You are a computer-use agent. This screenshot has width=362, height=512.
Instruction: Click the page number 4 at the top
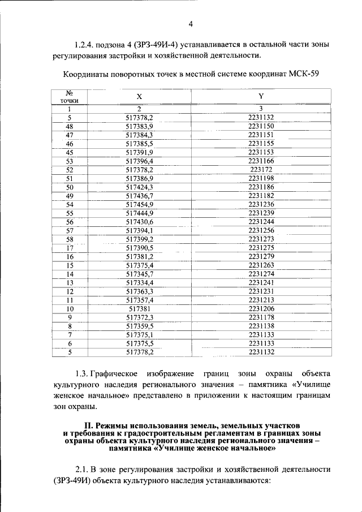point(191,24)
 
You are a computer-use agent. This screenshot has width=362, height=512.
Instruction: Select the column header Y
point(261,96)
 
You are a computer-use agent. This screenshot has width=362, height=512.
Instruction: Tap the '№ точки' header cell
point(70,96)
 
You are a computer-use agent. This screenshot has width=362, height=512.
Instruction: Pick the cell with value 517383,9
point(139,126)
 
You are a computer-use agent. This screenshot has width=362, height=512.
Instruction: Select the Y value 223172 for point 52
point(261,170)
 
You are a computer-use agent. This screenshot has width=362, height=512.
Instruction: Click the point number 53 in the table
point(70,161)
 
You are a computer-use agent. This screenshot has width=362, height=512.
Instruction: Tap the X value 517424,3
point(139,187)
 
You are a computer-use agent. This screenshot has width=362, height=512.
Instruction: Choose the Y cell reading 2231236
point(261,204)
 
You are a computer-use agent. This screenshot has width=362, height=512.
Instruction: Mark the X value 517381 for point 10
point(139,309)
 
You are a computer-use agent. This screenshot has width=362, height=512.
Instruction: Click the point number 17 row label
point(70,248)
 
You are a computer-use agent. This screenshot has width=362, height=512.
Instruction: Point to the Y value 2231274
point(261,274)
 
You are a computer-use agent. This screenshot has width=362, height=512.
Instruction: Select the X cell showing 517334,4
point(139,283)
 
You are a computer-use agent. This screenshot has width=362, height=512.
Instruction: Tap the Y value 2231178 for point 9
point(261,317)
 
